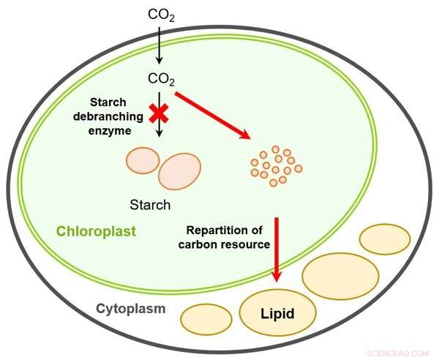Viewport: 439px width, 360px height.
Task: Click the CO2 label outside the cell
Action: (x=161, y=14)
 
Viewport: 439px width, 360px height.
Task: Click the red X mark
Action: (x=157, y=113)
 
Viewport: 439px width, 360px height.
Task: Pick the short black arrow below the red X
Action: (x=158, y=132)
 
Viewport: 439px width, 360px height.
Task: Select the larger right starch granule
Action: (x=179, y=171)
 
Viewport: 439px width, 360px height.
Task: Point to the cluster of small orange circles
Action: (x=275, y=165)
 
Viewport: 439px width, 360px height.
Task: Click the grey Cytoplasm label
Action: (x=131, y=308)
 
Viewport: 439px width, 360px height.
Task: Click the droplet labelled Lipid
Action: (x=278, y=312)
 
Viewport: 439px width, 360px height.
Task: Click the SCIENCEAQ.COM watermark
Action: (x=399, y=352)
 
